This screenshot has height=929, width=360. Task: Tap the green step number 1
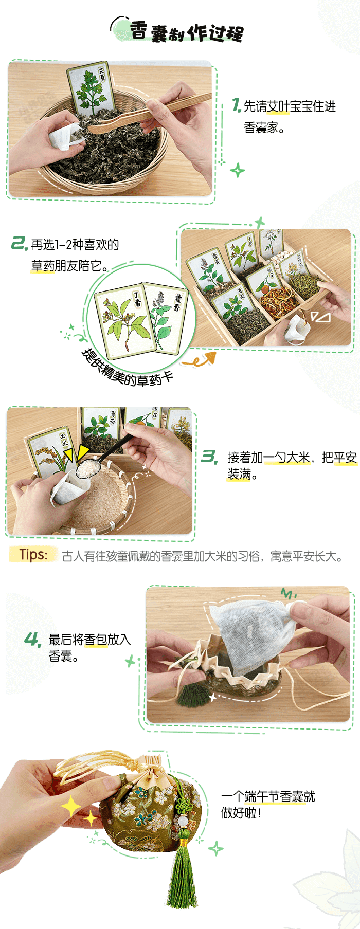pyautogui.click(x=236, y=105)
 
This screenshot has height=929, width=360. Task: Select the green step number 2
pyautogui.click(x=20, y=243)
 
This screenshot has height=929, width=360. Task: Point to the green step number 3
pyautogui.click(x=209, y=456)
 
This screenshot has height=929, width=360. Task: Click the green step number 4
pyautogui.click(x=33, y=640)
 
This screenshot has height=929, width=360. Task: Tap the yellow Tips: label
pyautogui.click(x=33, y=554)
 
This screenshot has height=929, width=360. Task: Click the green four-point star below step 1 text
pyautogui.click(x=237, y=170)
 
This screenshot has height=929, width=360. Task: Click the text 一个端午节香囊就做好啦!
pyautogui.click(x=267, y=805)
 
